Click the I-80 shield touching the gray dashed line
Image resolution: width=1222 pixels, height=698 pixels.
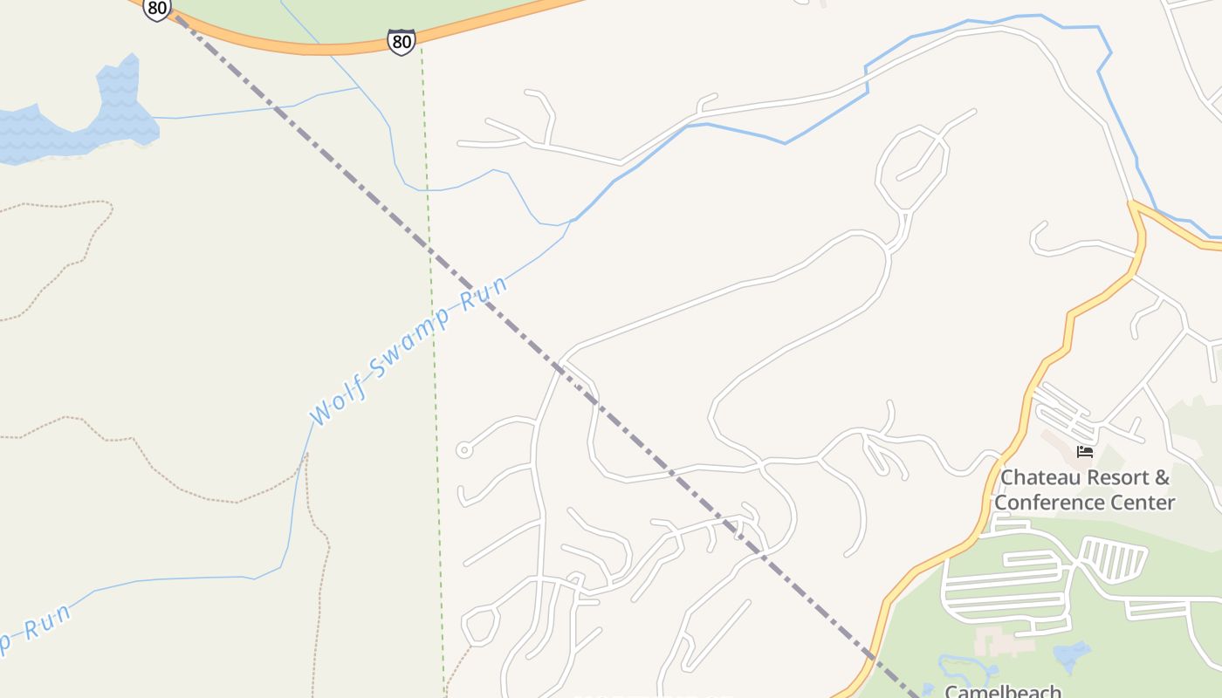pyautogui.click(x=156, y=10)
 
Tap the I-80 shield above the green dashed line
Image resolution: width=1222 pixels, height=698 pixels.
pyautogui.click(x=402, y=41)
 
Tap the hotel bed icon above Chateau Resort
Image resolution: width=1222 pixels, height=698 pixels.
pyautogui.click(x=1085, y=451)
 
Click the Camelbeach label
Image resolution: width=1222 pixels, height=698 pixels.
pyautogui.click(x=1004, y=691)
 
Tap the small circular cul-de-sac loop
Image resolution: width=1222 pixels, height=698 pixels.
pyautogui.click(x=464, y=450)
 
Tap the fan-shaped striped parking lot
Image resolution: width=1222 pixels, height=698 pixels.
pyautogui.click(x=1113, y=558)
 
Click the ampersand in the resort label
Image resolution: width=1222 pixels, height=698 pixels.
pyautogui.click(x=1161, y=477)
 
